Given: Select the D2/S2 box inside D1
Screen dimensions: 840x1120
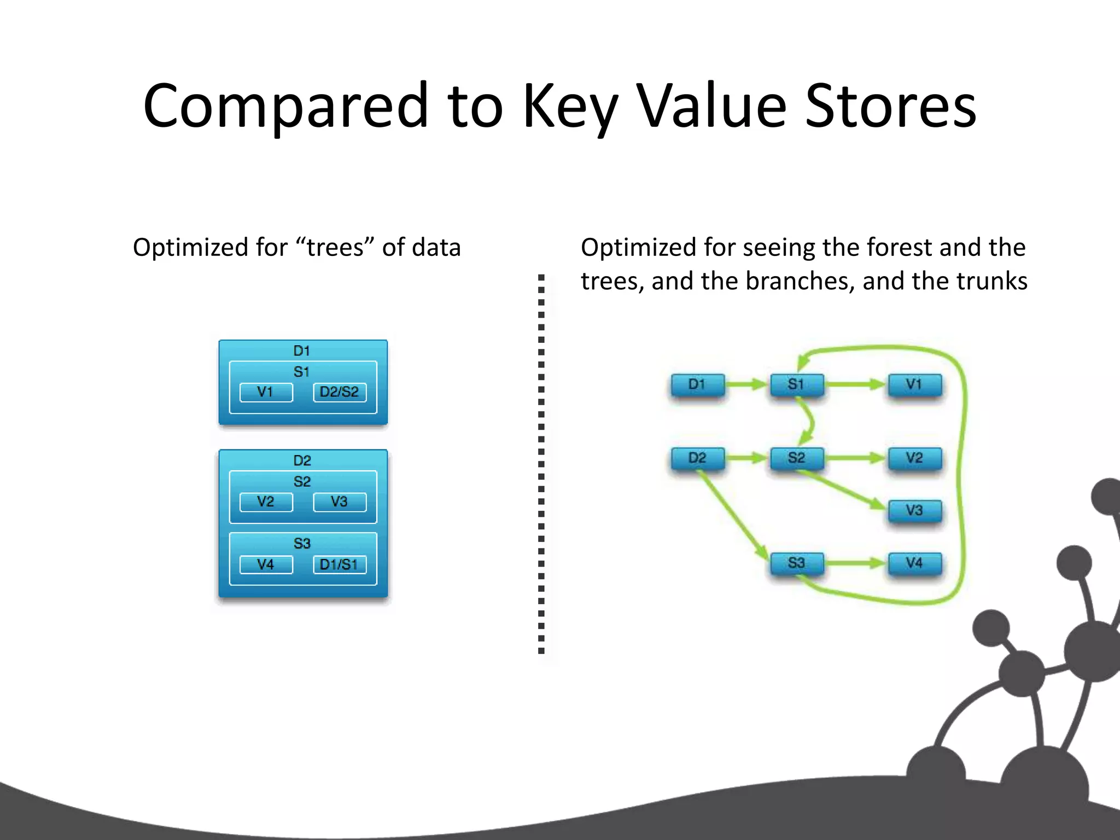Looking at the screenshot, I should pyautogui.click(x=340, y=392).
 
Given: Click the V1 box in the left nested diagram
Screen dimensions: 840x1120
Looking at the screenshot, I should pyautogui.click(x=266, y=392).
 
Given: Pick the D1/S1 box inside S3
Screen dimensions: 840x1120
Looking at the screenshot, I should pyautogui.click(x=340, y=564).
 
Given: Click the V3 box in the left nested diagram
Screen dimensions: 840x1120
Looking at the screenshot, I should pyautogui.click(x=340, y=502).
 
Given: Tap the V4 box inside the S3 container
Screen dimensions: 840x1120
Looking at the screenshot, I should pyautogui.click(x=266, y=564).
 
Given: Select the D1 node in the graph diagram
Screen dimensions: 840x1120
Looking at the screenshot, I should pyautogui.click(x=697, y=384).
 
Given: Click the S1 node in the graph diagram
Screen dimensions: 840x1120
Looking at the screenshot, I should pyautogui.click(x=796, y=384).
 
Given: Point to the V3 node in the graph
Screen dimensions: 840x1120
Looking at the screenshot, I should pyautogui.click(x=914, y=510).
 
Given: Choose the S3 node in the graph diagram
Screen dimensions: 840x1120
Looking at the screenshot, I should pyautogui.click(x=796, y=563).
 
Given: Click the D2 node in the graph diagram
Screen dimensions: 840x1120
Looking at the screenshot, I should pyautogui.click(x=697, y=458).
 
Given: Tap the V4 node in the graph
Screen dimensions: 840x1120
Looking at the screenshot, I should pyautogui.click(x=914, y=563).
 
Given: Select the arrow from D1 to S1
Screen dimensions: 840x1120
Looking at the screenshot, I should pyautogui.click(x=747, y=384).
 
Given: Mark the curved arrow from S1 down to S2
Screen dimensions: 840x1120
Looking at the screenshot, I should pyautogui.click(x=810, y=422).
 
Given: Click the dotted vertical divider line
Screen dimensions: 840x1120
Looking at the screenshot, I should pyautogui.click(x=541, y=465).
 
